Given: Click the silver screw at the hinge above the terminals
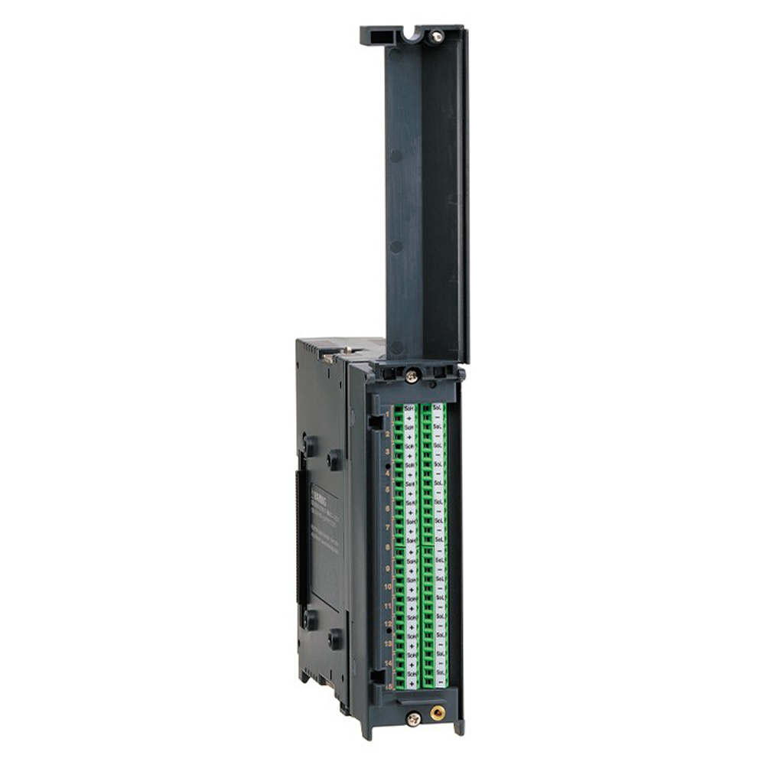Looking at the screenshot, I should (x=412, y=376).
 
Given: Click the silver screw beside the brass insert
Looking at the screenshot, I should (x=413, y=718).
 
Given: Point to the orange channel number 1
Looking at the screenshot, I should (x=387, y=414).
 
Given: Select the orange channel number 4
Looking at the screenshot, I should (x=388, y=473).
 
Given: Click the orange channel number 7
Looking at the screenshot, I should (x=388, y=529).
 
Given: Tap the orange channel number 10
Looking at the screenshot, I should (x=388, y=586).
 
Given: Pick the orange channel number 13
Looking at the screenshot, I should (x=388, y=644).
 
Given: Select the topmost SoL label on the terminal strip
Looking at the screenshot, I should (x=438, y=409).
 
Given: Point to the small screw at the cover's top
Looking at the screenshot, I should (x=437, y=35).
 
